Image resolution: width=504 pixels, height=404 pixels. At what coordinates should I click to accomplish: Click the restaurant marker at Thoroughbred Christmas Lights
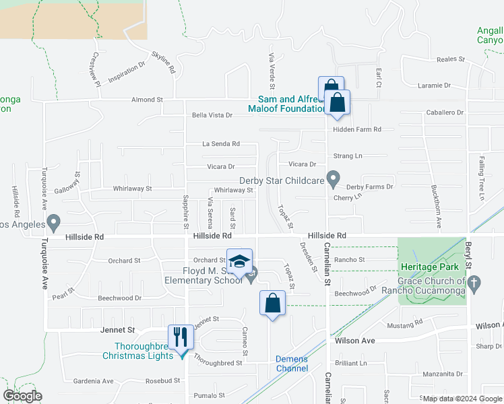[180, 336]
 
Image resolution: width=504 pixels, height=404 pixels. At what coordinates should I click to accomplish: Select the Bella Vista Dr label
[212, 115]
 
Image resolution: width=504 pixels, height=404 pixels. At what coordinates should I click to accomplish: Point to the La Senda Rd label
[221, 143]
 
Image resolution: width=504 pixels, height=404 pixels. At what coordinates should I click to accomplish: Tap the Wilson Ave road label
[354, 341]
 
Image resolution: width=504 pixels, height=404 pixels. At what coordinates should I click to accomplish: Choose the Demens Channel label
[292, 364]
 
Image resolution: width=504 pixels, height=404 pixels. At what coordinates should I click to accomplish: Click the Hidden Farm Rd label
[358, 129]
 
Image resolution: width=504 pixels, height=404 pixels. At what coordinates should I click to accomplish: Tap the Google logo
[22, 396]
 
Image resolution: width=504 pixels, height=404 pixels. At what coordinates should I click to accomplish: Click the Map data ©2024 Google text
[462, 399]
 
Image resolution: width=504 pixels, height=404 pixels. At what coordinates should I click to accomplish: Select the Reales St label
[451, 59]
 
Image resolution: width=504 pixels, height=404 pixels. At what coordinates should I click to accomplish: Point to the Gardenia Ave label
[93, 381]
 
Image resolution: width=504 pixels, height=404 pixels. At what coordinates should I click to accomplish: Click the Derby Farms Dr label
[369, 187]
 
